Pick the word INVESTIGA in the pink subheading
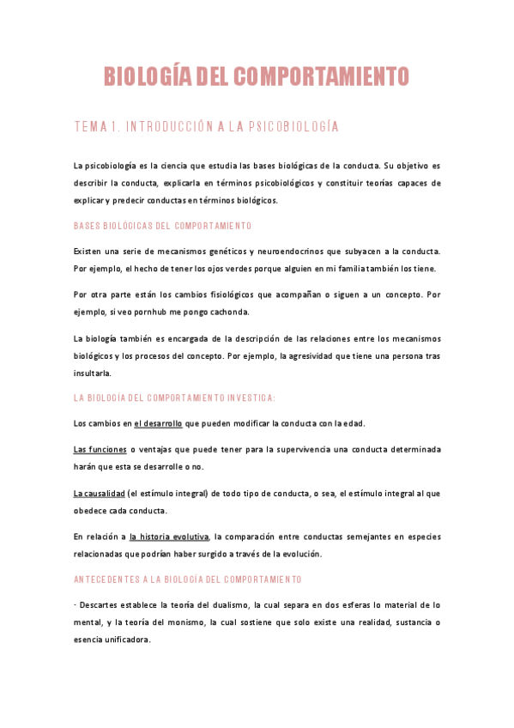[x=249, y=397]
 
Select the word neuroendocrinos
[x=284, y=251]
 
